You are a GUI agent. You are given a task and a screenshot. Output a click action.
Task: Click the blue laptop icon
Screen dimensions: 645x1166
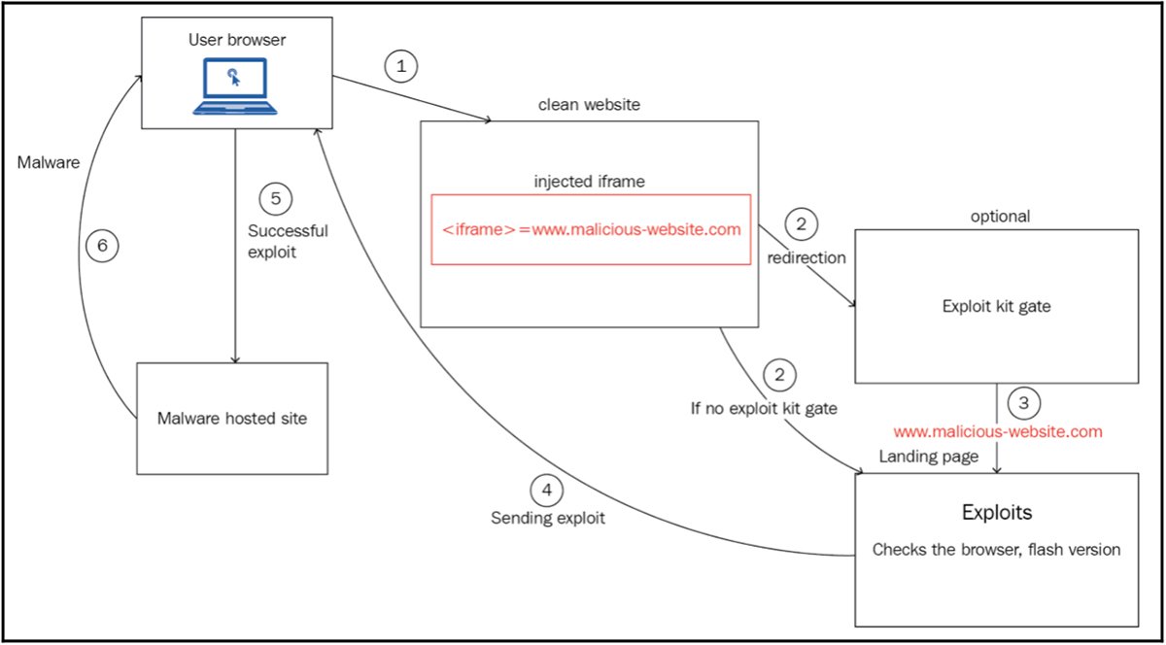tap(232, 86)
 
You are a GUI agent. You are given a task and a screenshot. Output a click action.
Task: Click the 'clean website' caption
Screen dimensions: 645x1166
tap(589, 105)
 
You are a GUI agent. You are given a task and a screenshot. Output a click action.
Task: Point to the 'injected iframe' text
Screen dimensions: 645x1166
tap(590, 182)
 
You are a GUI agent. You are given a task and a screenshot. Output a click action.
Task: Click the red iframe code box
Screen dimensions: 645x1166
tap(591, 229)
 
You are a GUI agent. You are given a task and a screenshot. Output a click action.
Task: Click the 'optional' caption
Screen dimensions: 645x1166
tap(1000, 216)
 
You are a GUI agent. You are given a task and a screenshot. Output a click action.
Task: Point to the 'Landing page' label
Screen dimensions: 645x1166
tap(928, 457)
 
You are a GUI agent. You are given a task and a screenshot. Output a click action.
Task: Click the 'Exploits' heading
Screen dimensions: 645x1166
tap(996, 511)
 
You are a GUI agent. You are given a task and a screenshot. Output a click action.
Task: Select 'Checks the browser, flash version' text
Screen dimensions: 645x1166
tap(996, 550)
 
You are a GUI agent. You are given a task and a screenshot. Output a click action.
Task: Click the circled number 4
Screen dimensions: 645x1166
tap(546, 491)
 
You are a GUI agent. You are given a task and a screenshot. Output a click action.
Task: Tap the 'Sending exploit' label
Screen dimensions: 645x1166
tap(547, 519)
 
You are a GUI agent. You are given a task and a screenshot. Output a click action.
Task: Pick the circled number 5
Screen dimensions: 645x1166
tap(276, 198)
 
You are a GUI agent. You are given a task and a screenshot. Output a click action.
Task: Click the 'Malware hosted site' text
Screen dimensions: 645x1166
tap(231, 419)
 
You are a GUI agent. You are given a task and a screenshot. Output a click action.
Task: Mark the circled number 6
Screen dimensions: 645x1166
tap(102, 248)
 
